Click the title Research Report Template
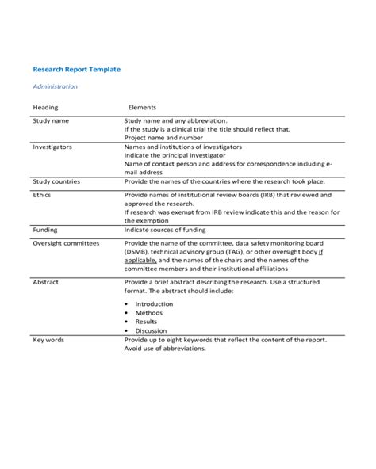point(76,70)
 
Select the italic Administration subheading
point(55,86)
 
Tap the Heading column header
point(45,107)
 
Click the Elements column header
point(142,107)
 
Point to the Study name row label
point(51,120)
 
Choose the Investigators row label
point(52,147)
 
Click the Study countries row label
point(57,181)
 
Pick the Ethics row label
point(42,193)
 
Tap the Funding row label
point(44,229)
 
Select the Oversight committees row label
point(66,243)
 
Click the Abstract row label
point(46,281)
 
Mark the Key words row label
point(48,339)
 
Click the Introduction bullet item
point(153,303)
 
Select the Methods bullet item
point(148,313)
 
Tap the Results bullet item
point(147,322)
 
